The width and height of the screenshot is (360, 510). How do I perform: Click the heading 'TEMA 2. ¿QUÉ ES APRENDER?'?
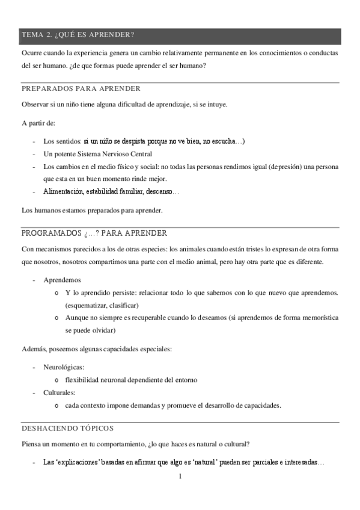[78, 35]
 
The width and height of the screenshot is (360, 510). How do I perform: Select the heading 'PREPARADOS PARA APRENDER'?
[81, 88]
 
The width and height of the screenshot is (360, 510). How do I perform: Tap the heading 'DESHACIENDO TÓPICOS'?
[67, 428]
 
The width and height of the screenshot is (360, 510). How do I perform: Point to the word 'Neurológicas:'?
[64, 367]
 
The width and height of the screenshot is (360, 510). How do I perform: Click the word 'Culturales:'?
[59, 393]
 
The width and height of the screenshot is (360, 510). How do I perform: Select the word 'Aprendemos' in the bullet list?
[63, 280]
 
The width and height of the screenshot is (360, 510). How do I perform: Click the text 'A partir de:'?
[38, 123]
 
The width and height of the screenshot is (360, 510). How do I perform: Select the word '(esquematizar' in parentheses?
[86, 305]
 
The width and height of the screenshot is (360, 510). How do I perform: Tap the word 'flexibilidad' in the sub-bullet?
[83, 380]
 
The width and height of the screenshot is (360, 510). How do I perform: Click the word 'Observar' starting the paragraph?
[35, 105]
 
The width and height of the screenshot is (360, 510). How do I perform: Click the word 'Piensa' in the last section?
[31, 444]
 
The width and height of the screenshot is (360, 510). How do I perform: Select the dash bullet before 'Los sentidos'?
[34, 141]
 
